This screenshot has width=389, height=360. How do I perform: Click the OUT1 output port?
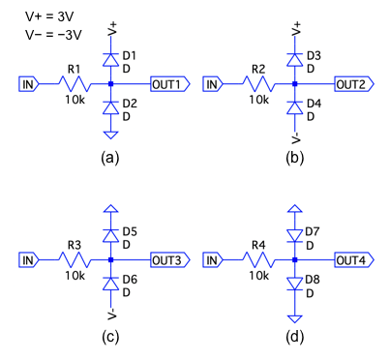(170, 84)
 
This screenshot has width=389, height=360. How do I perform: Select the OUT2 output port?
(354, 84)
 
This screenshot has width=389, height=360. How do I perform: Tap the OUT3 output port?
(170, 260)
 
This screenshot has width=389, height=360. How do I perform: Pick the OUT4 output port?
(354, 260)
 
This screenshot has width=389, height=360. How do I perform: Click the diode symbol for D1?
(110, 60)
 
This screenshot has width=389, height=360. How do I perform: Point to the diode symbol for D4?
(295, 107)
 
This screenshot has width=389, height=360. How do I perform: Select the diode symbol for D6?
(110, 284)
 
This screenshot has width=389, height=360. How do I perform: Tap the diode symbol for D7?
(295, 236)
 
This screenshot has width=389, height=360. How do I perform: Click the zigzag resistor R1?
(75, 84)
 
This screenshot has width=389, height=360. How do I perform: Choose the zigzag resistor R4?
(258, 260)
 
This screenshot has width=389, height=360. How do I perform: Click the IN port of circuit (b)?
(213, 84)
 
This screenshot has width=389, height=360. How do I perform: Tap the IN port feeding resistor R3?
(29, 260)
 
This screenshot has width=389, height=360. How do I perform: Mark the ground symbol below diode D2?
(110, 135)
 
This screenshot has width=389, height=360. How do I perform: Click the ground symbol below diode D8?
(295, 318)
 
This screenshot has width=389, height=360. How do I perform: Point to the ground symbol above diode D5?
(110, 208)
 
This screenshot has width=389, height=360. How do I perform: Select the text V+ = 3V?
(49, 16)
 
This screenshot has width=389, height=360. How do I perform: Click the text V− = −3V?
(53, 34)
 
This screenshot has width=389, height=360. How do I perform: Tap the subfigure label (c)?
(110, 337)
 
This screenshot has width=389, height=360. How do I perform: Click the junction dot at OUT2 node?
(295, 84)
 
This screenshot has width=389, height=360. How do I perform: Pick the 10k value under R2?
(258, 100)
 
